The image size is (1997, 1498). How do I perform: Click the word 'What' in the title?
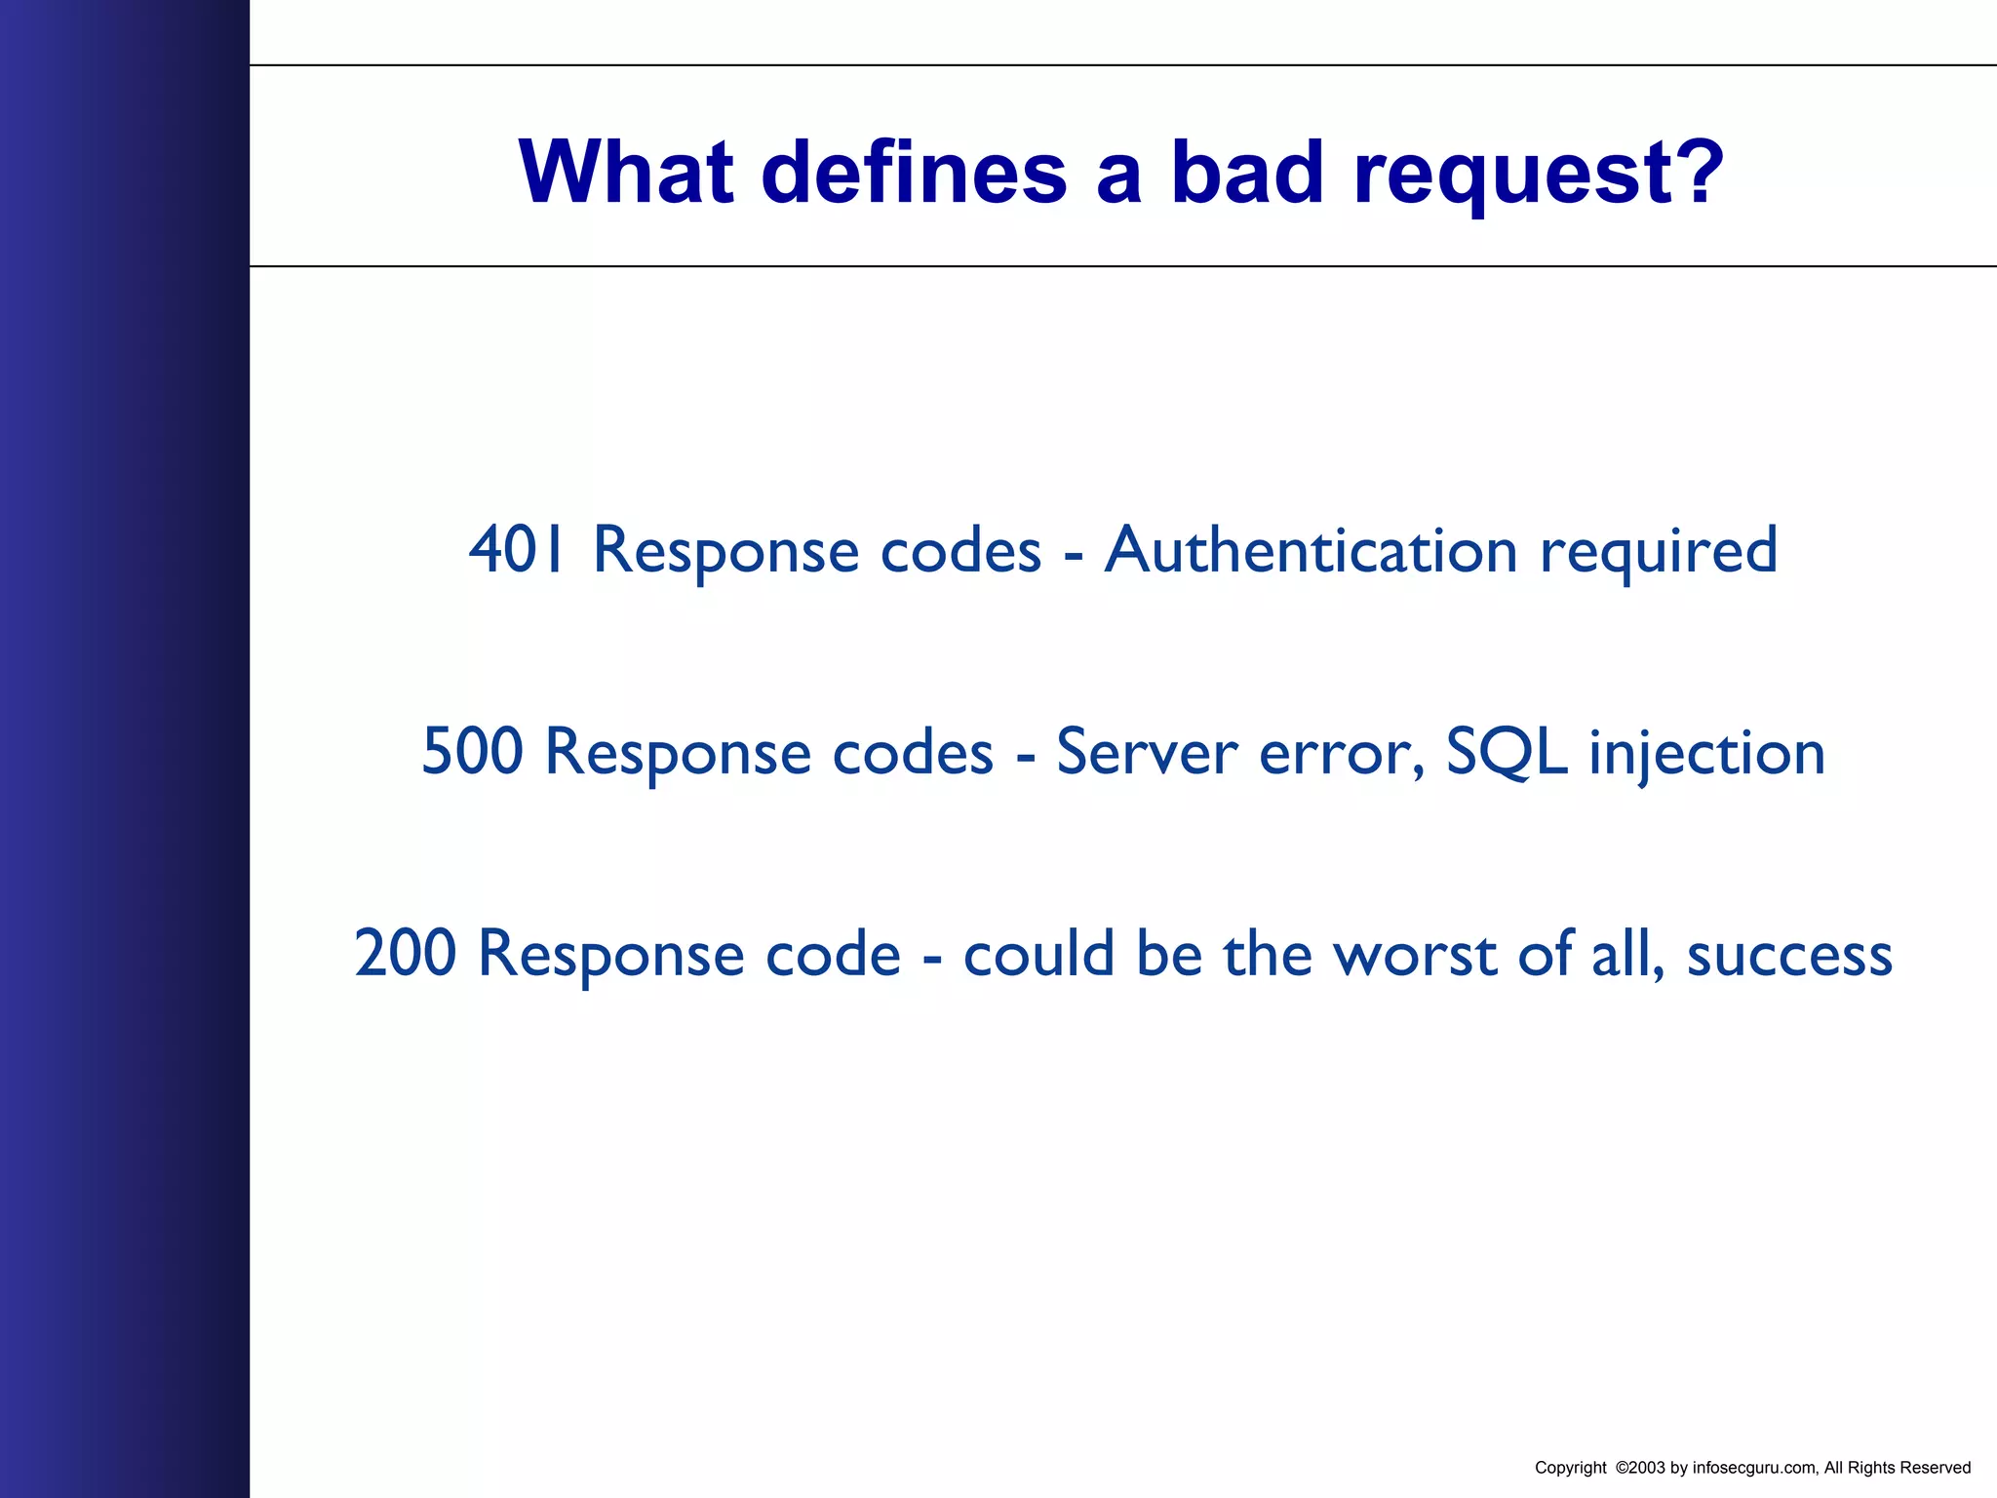pyautogui.click(x=625, y=173)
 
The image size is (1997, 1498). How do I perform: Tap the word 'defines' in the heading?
pyautogui.click(x=914, y=173)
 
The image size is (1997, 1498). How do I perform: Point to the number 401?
pyautogui.click(x=517, y=550)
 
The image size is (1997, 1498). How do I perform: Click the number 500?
pyautogui.click(x=472, y=752)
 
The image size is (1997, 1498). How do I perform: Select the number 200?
pyautogui.click(x=405, y=954)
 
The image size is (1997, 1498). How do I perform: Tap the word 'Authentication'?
pyautogui.click(x=1311, y=550)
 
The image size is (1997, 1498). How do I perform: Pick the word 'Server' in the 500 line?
pyautogui.click(x=1146, y=752)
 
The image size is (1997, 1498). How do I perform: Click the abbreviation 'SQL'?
pyautogui.click(x=1507, y=752)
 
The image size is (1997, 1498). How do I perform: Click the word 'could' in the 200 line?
pyautogui.click(x=1038, y=954)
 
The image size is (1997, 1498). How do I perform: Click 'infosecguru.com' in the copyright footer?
pyautogui.click(x=1754, y=1468)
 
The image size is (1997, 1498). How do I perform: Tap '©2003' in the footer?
pyautogui.click(x=1639, y=1468)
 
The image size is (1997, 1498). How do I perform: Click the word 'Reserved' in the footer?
pyautogui.click(x=1936, y=1468)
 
